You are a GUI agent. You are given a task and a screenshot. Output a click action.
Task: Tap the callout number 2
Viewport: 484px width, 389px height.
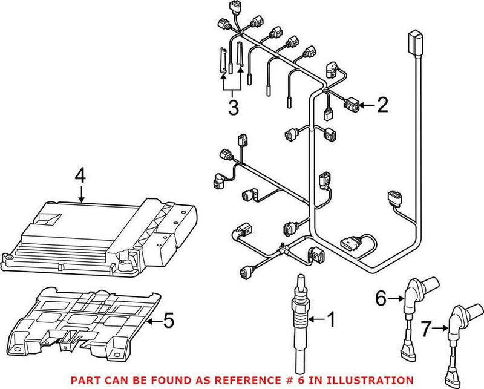click(381, 106)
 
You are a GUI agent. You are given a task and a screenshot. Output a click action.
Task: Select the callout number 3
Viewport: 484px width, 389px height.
click(233, 108)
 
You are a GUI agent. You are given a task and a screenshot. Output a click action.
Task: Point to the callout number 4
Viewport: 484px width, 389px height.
click(81, 177)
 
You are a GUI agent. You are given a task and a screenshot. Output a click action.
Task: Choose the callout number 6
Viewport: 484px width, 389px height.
click(381, 298)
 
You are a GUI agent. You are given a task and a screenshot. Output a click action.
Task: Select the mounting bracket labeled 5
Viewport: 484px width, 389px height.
click(91, 318)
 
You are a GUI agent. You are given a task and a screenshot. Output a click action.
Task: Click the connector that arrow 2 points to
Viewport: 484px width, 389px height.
click(351, 106)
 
